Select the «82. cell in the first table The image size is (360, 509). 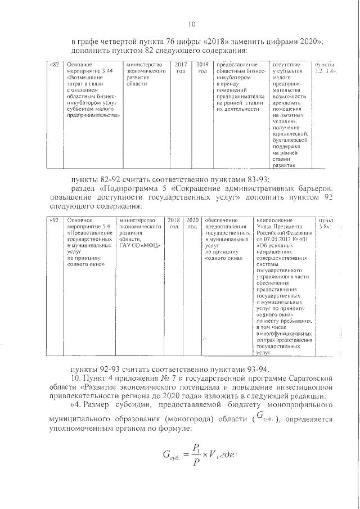click(56, 65)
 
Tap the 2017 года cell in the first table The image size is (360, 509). click(181, 68)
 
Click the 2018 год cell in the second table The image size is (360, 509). click(173, 223)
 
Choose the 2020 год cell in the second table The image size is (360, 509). click(192, 223)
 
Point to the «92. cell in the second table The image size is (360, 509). click(55, 219)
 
